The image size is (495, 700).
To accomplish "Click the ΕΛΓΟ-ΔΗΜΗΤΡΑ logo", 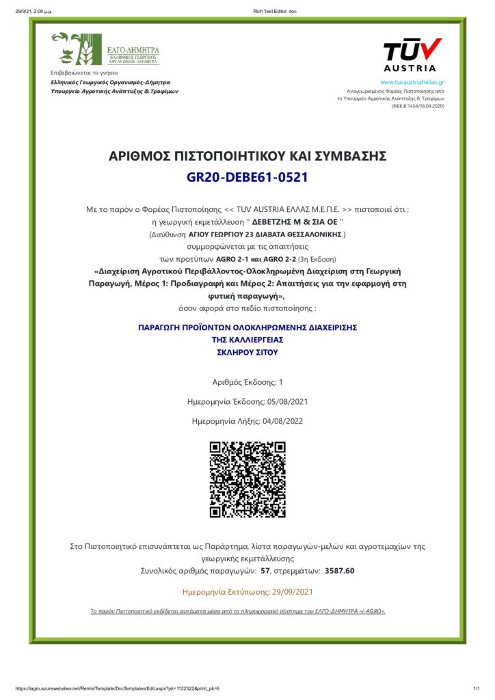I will pos(107,48).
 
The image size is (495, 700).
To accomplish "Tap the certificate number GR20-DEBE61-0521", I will pos(247,178).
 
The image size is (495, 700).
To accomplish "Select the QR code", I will pos(247,479).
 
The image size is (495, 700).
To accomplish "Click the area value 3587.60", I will pos(340,570).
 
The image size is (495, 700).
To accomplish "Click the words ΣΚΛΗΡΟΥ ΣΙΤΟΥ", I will pos(247,352).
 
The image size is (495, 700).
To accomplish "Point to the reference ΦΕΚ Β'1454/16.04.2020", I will pos(418,106).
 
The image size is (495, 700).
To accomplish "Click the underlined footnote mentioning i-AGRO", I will pos(238,610).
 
